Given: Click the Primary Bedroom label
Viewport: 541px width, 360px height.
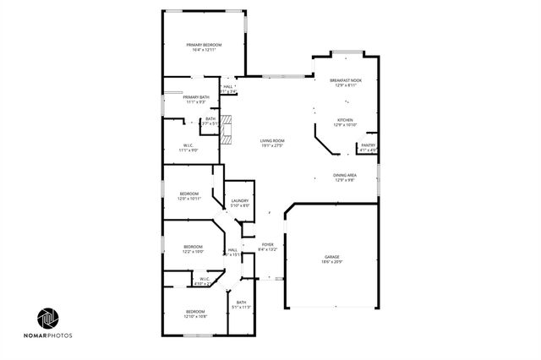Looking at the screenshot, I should [205, 44].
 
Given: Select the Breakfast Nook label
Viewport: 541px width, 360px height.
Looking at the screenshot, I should [346, 80].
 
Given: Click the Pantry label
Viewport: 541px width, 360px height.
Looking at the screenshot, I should [368, 145].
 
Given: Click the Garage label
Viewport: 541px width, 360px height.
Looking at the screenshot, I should [332, 258].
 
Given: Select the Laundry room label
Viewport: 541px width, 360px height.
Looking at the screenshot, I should [240, 200].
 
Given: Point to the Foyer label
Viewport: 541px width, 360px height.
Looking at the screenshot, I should [267, 244].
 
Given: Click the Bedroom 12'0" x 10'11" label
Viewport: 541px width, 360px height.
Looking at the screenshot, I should [189, 194].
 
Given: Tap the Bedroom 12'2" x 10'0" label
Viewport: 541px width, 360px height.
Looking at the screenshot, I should [193, 246].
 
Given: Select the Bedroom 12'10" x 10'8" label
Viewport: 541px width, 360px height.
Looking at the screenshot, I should [196, 312].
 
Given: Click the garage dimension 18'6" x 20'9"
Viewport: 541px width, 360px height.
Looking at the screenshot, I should [332, 264].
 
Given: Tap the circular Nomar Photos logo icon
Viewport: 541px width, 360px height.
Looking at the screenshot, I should [48, 319].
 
